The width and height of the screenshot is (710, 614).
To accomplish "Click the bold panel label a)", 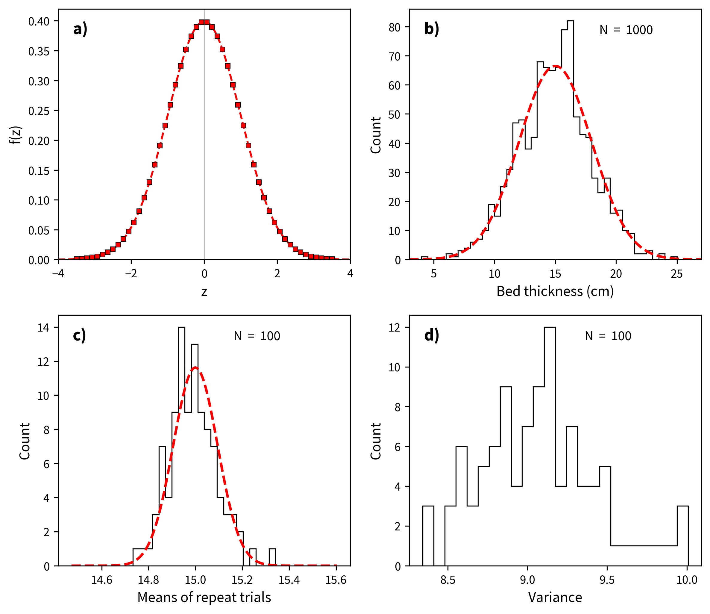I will click(x=80, y=29).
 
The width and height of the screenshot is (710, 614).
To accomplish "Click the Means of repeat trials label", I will click(x=204, y=597).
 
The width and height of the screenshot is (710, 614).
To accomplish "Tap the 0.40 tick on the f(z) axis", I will click(x=39, y=22).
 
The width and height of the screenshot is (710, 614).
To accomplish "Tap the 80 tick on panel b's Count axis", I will click(x=395, y=28).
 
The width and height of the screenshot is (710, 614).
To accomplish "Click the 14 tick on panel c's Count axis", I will click(x=43, y=328).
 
